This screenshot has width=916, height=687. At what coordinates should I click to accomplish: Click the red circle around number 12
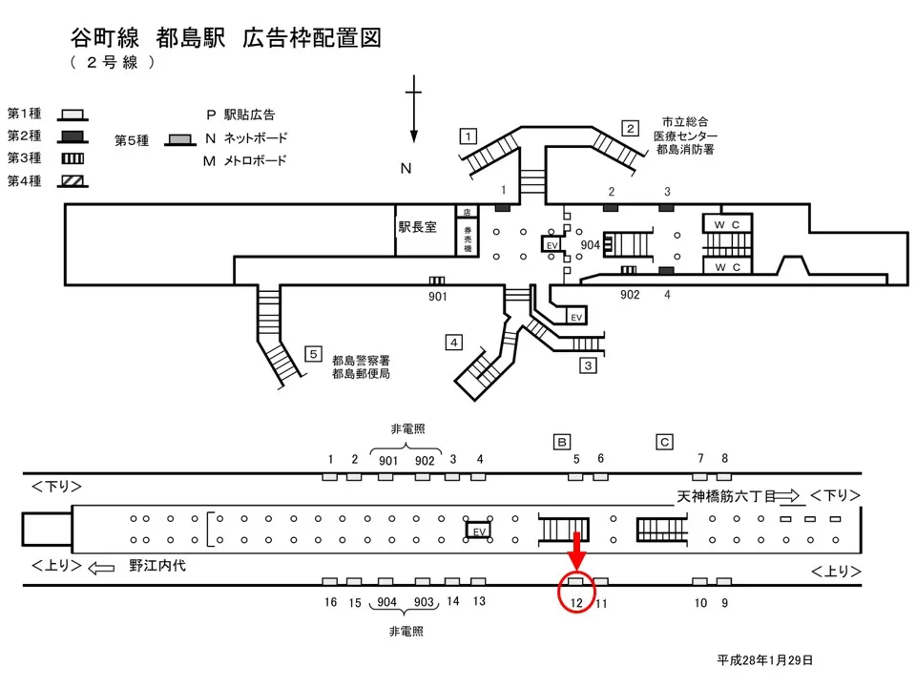pyautogui.click(x=576, y=593)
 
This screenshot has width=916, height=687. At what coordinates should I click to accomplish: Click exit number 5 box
pyautogui.click(x=312, y=354)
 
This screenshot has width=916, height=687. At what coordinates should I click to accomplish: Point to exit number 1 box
pyautogui.click(x=468, y=135)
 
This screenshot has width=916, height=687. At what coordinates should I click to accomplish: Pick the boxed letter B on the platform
pyautogui.click(x=562, y=441)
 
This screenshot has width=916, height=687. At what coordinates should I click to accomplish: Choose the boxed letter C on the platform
pyautogui.click(x=664, y=441)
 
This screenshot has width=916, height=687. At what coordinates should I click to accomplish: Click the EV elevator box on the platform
pyautogui.click(x=480, y=530)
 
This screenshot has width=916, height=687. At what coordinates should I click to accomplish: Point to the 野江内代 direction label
pyautogui.click(x=157, y=566)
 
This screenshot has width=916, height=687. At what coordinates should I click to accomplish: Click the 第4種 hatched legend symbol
pyautogui.click(x=73, y=180)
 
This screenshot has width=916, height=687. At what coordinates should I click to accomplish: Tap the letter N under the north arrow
pyautogui.click(x=405, y=169)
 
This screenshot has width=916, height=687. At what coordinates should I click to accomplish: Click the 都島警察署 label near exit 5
pyautogui.click(x=361, y=361)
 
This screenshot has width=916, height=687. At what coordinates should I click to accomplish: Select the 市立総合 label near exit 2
pyautogui.click(x=685, y=122)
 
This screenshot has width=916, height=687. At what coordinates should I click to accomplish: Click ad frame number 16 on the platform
pyautogui.click(x=330, y=602)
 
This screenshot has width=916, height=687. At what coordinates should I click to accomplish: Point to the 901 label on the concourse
pyautogui.click(x=437, y=296)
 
